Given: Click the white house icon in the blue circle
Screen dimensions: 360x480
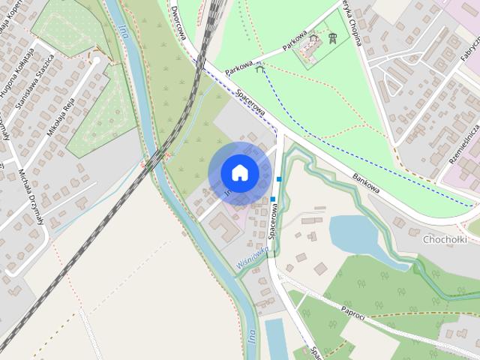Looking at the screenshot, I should coord(239,172).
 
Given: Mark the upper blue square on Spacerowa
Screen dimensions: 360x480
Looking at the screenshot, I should coord(279,179).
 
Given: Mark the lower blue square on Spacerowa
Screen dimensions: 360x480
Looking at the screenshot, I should coord(273,199).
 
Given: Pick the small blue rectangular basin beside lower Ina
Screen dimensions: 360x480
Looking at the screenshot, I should coord(274,337).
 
